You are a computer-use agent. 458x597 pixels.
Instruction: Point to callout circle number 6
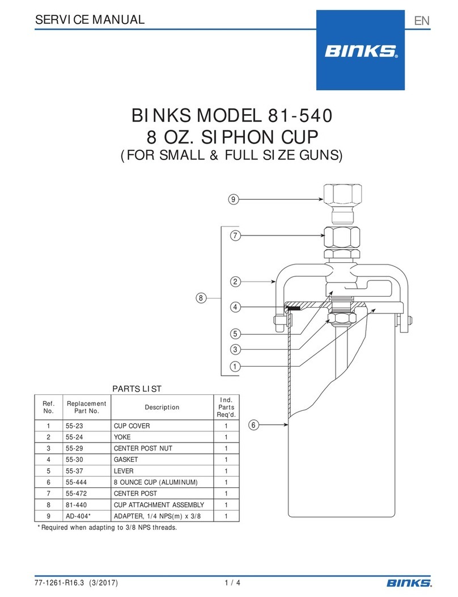pos(254,424)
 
